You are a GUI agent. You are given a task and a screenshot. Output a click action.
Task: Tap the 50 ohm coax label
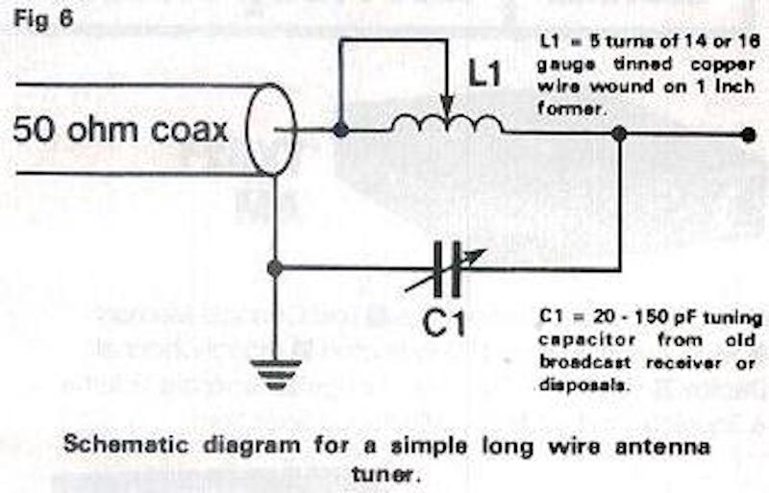(x=120, y=129)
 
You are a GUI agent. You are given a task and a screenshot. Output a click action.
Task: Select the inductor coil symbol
(x=447, y=123)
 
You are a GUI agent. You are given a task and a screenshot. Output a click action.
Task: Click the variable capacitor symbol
(x=444, y=269)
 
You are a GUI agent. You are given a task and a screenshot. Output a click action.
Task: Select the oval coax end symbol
(x=271, y=129)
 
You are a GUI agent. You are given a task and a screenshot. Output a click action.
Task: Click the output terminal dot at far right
(x=749, y=136)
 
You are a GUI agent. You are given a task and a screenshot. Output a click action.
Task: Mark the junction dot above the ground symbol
(x=275, y=269)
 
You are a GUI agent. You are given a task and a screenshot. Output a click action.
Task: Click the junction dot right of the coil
(x=621, y=134)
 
